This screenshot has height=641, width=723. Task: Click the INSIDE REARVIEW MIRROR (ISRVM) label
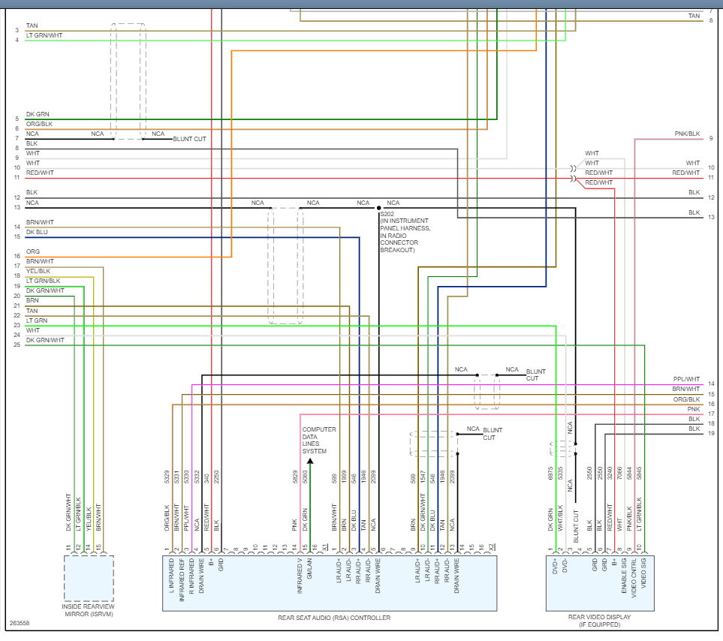[x=89, y=610]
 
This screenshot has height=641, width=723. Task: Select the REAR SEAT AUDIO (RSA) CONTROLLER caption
[x=334, y=618]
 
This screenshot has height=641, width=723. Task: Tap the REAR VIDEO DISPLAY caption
[x=599, y=618]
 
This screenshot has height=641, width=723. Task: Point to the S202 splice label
[x=388, y=214]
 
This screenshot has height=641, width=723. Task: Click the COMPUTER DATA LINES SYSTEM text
[x=319, y=441]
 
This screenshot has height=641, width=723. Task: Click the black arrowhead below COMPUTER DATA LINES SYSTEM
[x=310, y=460]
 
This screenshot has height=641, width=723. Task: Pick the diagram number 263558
[x=21, y=623]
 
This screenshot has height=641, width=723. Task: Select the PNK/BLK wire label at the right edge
[x=688, y=134]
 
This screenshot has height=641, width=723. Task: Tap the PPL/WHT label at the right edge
[x=686, y=379]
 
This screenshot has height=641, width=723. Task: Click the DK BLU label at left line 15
[x=37, y=232]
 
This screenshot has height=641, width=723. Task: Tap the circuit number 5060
[x=305, y=477]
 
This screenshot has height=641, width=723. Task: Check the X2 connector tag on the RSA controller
[x=491, y=546]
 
